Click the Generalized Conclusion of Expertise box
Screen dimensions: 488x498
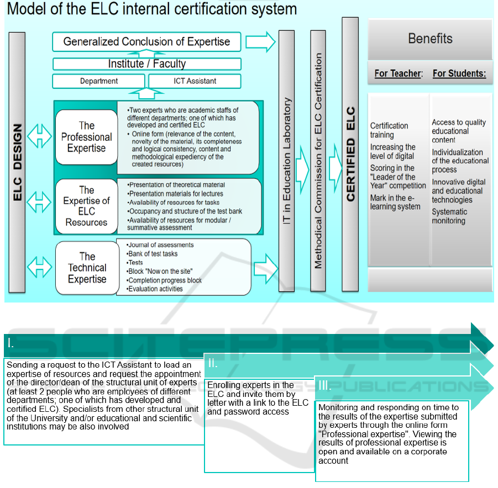pyautogui.click(x=146, y=42)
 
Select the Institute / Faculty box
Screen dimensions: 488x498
pyautogui.click(x=146, y=64)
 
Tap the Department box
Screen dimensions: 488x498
pyautogui.click(x=99, y=81)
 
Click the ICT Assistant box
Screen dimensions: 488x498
pyautogui.click(x=195, y=81)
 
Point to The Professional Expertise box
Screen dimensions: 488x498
pyautogui.click(x=86, y=137)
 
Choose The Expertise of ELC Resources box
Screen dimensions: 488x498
pyautogui.click(x=86, y=206)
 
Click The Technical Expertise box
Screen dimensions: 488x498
pyautogui.click(x=87, y=268)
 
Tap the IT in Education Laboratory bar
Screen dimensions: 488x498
pyautogui.click(x=286, y=160)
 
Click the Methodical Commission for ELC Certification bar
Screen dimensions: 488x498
pyautogui.click(x=318, y=160)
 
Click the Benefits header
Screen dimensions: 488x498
pyautogui.click(x=430, y=39)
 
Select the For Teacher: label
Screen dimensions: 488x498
pyautogui.click(x=399, y=73)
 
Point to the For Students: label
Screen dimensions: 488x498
pyautogui.click(x=459, y=73)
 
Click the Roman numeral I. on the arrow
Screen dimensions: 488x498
pyautogui.click(x=11, y=343)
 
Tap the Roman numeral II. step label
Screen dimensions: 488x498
pyautogui.click(x=213, y=364)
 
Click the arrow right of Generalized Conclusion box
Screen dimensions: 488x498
pyautogui.click(x=260, y=42)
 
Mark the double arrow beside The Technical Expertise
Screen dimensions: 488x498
pyautogui.click(x=40, y=268)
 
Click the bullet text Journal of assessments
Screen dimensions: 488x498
pyautogui.click(x=161, y=245)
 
